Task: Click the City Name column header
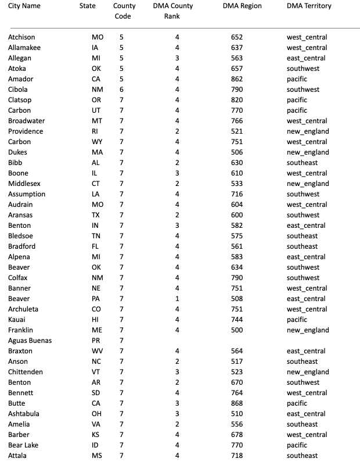point(24,6)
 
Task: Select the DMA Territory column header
point(309,6)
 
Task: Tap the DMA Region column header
point(242,6)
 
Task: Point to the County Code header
point(124,11)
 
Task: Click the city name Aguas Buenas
point(30,341)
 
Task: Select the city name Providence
point(26,131)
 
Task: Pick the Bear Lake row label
point(24,445)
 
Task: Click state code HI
point(96,320)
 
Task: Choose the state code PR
point(96,341)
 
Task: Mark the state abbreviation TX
point(96,215)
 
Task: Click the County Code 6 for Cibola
point(121,89)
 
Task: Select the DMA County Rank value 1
point(177,299)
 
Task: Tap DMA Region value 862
point(237,79)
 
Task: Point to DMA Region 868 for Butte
point(237,403)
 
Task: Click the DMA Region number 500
point(237,330)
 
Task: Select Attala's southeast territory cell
point(302,456)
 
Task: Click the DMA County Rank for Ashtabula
point(177,414)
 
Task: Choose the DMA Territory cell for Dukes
point(308,152)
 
